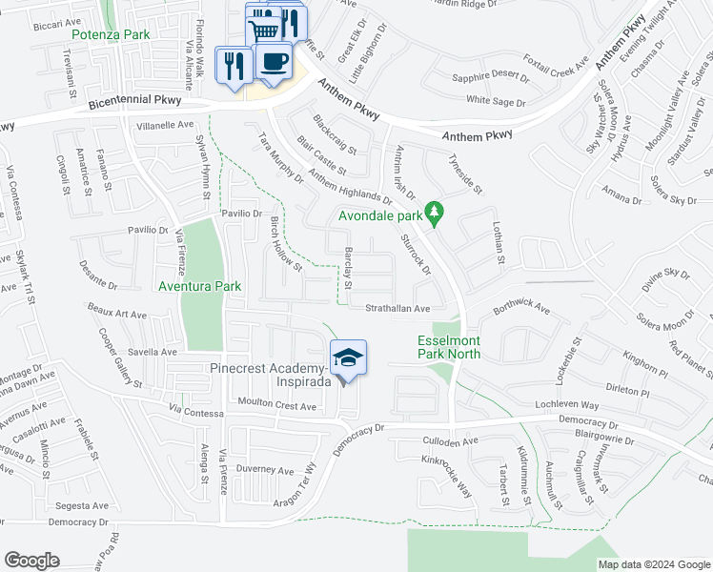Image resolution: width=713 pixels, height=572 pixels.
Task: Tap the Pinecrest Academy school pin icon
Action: click(348, 358)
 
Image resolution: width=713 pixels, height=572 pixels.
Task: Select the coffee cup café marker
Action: click(274, 61)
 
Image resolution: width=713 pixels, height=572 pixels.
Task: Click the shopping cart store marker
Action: click(264, 29)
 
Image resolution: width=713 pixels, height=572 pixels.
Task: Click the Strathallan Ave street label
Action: click(398, 308)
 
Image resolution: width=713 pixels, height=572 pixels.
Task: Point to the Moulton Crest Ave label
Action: click(276, 405)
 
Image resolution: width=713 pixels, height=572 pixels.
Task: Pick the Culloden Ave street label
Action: click(450, 442)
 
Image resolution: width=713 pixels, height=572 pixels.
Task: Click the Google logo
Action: click(31, 561)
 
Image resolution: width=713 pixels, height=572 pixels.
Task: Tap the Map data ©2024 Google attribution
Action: click(654, 564)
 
